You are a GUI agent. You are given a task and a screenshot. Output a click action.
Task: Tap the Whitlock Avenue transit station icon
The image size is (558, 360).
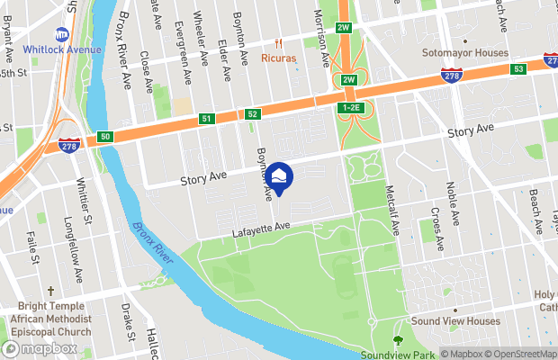[x=62, y=34]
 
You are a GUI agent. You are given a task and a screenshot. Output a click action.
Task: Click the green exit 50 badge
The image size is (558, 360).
[x=106, y=136]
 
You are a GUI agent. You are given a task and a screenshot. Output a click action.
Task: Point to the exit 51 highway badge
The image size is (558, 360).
[x=207, y=118]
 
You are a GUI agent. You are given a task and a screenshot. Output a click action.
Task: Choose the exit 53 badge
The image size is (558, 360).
[x=517, y=69]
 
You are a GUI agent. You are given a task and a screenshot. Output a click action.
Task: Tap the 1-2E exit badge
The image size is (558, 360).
[x=350, y=108]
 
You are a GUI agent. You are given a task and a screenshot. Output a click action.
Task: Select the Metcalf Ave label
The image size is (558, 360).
[x=392, y=211]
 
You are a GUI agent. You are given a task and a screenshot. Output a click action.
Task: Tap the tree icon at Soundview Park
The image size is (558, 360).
[x=398, y=340]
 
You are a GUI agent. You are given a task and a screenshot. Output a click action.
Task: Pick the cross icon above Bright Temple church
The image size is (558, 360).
[x=51, y=292]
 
